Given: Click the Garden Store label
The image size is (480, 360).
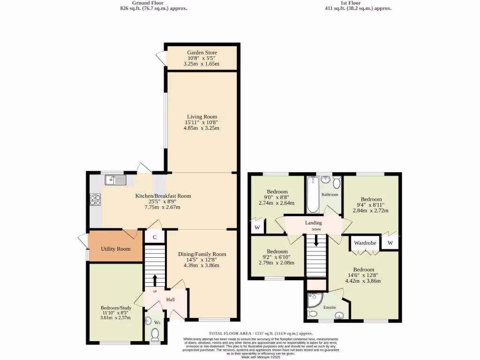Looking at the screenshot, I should [x=202, y=52].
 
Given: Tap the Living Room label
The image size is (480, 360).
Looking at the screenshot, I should [x=202, y=117].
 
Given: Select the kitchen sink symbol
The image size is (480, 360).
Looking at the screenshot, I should [x=115, y=180].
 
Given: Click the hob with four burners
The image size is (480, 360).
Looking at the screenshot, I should [x=95, y=200].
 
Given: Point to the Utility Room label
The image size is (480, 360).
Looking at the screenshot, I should [x=114, y=248].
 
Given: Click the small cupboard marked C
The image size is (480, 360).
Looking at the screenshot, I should [x=155, y=237].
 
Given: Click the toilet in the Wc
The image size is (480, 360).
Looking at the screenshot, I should [x=155, y=334].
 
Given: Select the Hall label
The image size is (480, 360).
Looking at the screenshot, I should [x=171, y=300].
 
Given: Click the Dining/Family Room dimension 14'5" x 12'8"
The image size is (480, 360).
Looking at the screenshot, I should [x=202, y=260].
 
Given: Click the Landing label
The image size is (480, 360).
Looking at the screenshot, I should [x=314, y=223].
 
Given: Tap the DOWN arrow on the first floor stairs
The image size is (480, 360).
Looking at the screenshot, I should [x=316, y=240].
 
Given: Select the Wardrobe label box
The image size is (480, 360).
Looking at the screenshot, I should [x=365, y=243].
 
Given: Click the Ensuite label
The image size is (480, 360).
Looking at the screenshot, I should [x=330, y=307].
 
